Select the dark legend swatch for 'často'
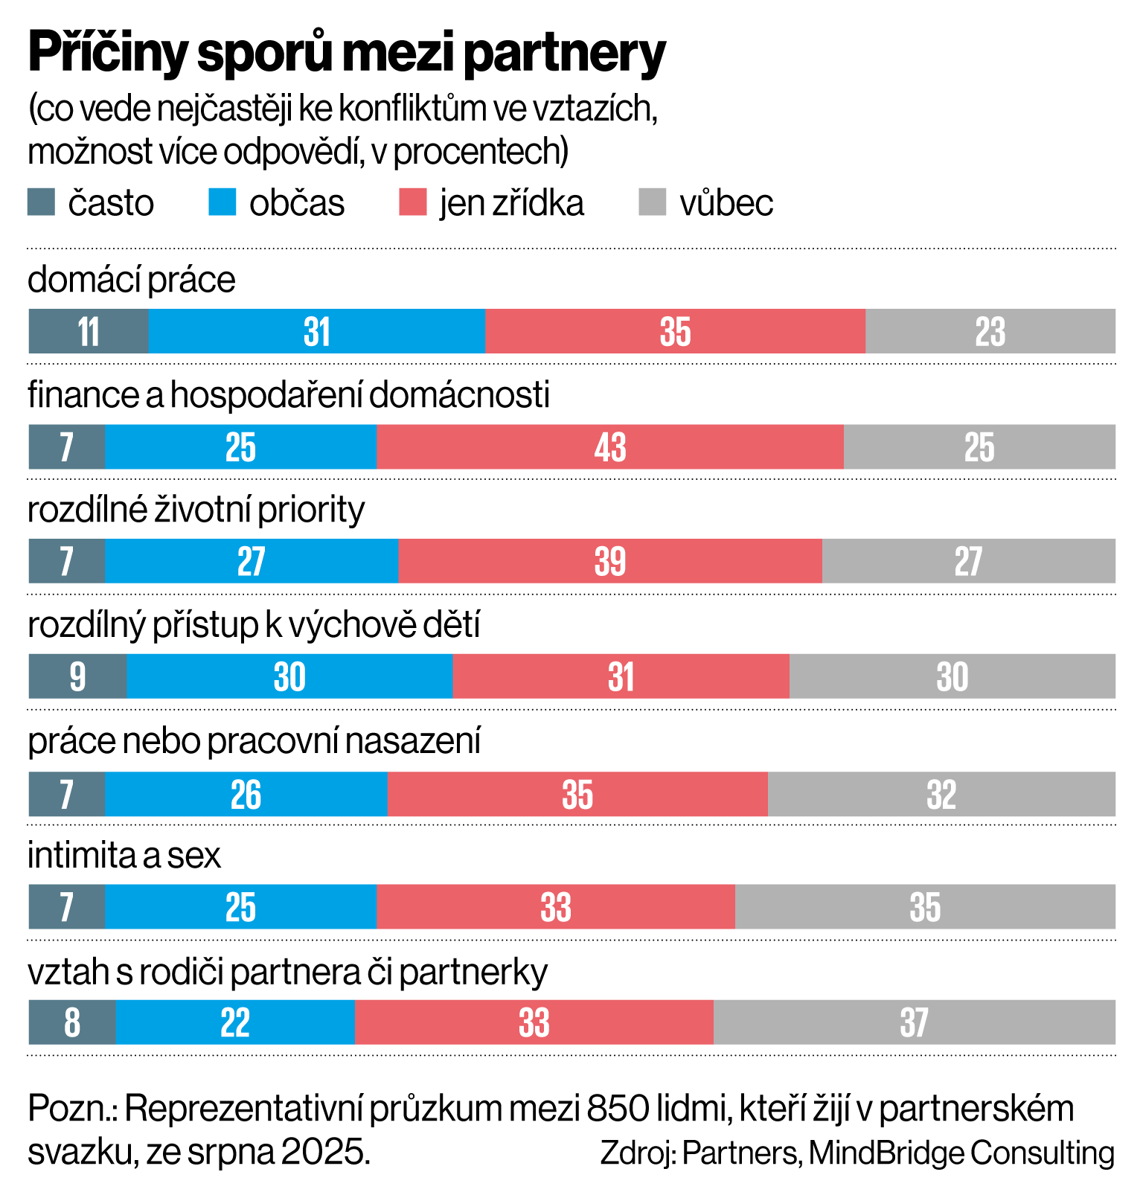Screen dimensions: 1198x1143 (x=41, y=202)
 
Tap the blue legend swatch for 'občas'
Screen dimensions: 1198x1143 (x=222, y=202)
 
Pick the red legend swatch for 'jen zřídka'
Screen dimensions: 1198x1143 (x=412, y=202)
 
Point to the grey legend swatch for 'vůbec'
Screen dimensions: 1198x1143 (x=653, y=202)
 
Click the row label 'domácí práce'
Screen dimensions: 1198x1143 (x=132, y=281)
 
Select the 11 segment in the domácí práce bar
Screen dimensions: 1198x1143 (x=89, y=331)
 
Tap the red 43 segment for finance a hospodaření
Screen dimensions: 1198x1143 (x=610, y=447)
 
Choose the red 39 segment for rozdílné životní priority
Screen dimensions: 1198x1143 (x=610, y=561)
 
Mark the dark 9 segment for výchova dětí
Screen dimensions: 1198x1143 (x=77, y=676)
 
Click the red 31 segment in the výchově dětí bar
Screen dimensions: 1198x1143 (x=621, y=676)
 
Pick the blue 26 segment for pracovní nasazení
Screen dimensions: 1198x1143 (x=246, y=794)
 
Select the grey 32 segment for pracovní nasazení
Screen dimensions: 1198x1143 (x=941, y=794)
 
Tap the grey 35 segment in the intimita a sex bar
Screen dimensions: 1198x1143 (x=925, y=907)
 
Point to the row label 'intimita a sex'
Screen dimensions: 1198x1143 (x=124, y=856)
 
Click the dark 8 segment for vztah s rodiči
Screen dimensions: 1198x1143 (x=72, y=1022)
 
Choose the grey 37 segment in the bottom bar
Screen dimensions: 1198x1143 (x=914, y=1022)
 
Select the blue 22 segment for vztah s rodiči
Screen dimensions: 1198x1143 (x=235, y=1022)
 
